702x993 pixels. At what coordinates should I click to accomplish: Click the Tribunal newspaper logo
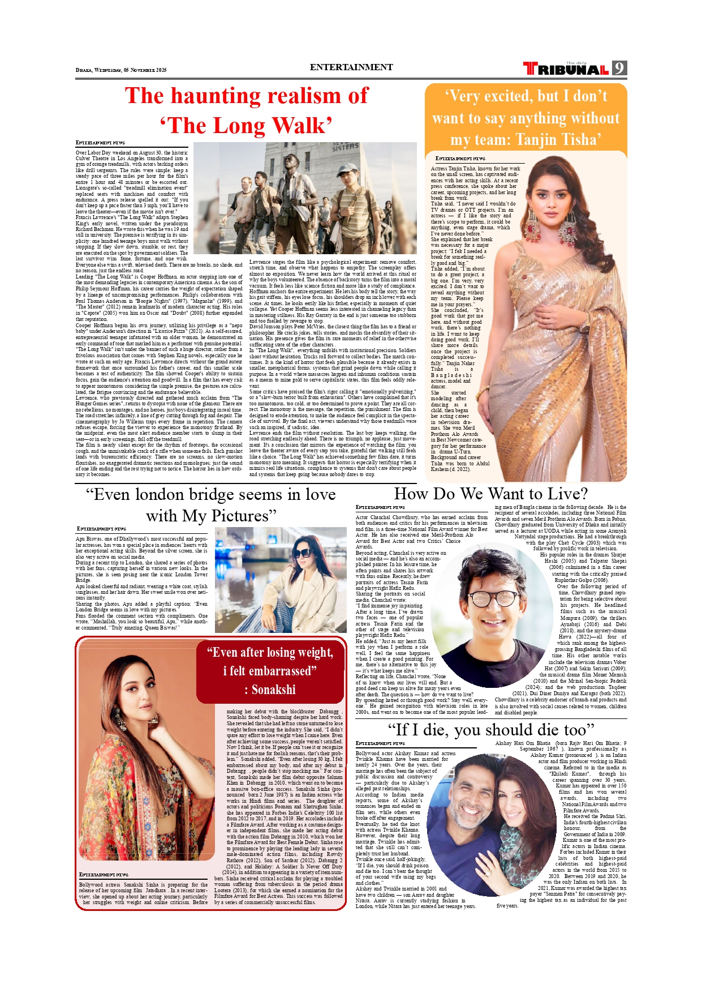(x=566, y=69)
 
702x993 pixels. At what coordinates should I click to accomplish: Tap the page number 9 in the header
(x=619, y=69)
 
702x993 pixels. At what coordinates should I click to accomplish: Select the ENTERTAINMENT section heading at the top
(x=351, y=67)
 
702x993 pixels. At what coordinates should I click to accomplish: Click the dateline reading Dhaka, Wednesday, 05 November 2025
(x=121, y=70)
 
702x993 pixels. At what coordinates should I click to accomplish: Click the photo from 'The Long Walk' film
(x=305, y=198)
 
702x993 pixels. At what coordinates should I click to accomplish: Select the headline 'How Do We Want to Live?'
(x=490, y=494)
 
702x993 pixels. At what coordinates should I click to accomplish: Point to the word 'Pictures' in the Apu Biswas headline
(x=240, y=516)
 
